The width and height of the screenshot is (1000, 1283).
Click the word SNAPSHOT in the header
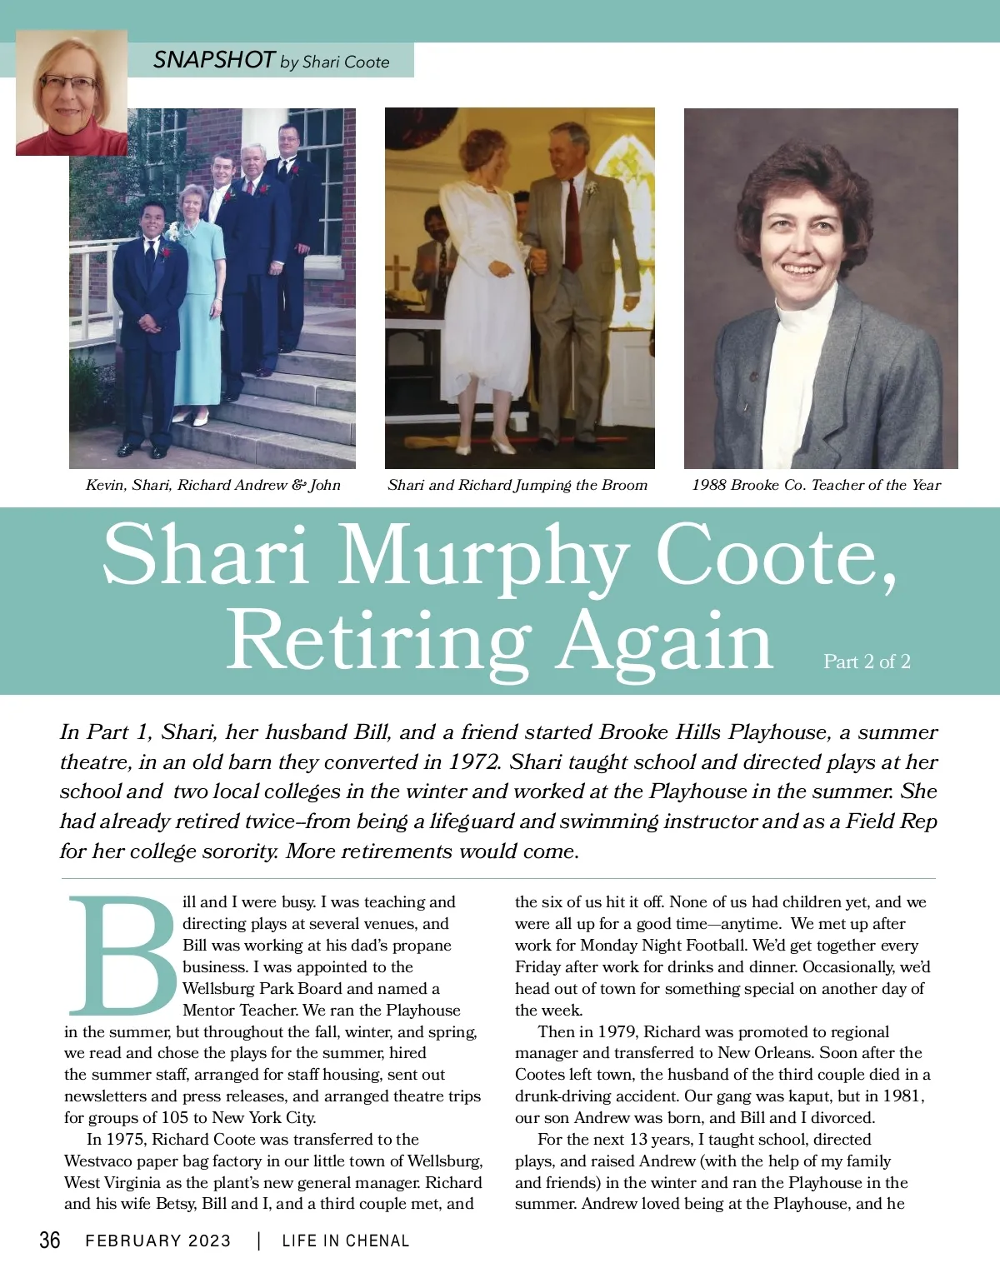(213, 60)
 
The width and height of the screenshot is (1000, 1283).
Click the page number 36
(50, 1240)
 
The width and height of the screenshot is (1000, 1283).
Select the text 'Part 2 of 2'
(867, 661)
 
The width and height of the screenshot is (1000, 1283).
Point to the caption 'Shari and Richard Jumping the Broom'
(517, 485)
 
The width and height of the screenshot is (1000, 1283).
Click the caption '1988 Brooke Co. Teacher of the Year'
(816, 485)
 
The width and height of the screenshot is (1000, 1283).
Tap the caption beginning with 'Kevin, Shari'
(212, 485)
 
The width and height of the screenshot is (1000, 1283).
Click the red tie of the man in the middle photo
(572, 225)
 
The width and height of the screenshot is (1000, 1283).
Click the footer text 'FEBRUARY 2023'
(158, 1241)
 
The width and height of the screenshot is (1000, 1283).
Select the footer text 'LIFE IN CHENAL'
(346, 1241)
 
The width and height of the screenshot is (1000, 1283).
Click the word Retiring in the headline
(379, 641)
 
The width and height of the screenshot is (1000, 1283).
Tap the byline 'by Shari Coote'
(335, 62)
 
